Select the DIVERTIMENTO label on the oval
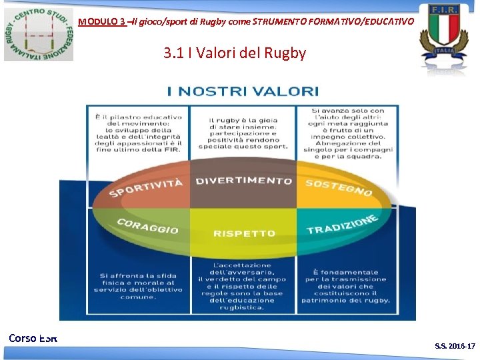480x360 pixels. pos(243,181)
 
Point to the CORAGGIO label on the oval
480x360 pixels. pos(147,227)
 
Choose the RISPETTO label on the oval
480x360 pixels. pos(244,233)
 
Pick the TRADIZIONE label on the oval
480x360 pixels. pos(343,225)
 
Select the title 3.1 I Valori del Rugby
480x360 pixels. pos(234,53)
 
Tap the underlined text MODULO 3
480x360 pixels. pos(101,21)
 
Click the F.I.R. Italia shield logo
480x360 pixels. pos(443,33)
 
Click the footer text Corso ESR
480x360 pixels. pos(33,338)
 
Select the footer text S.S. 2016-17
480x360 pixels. pos(455,346)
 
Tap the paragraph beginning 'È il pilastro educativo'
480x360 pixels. pos(138,133)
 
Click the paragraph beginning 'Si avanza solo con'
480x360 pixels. pos(347,133)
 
